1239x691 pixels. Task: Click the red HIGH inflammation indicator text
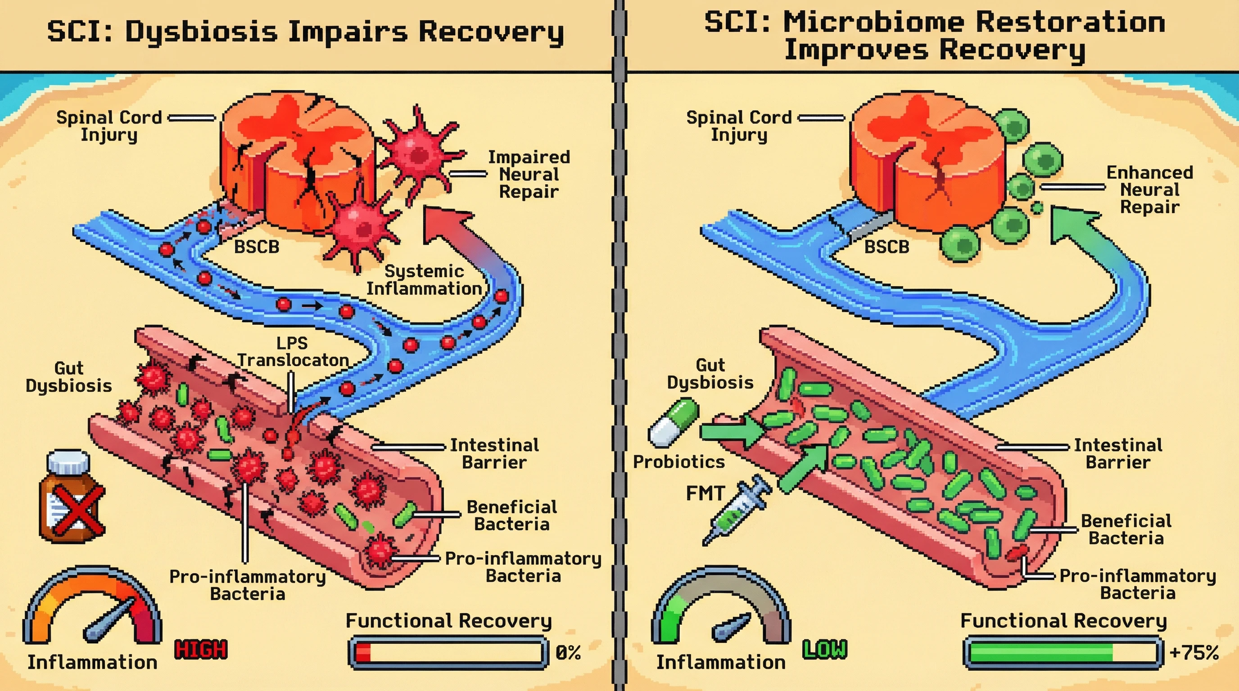point(200,650)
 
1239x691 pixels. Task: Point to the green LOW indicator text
point(824,650)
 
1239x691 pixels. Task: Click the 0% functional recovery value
point(568,653)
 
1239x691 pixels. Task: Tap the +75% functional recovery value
point(1194,653)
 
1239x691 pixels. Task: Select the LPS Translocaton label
point(293,352)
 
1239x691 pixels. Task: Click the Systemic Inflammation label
point(424,280)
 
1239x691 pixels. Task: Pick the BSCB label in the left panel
point(256,247)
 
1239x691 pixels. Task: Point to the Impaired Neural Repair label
point(529,174)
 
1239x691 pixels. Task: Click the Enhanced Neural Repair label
point(1149,189)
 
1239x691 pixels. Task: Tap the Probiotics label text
point(678,461)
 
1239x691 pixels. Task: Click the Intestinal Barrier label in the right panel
point(1118,453)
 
